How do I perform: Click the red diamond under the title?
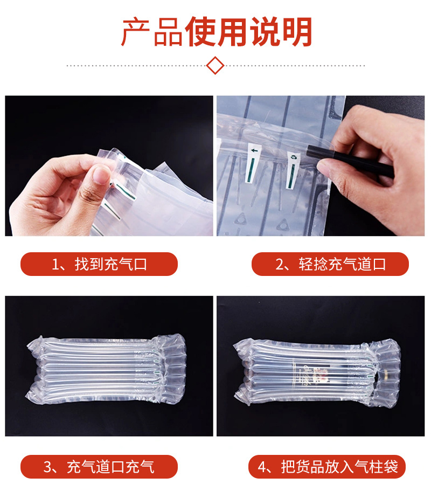[x=215, y=66]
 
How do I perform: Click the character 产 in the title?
[x=135, y=32]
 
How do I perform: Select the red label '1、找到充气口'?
[x=99, y=264]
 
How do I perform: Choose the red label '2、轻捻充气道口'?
[x=330, y=264]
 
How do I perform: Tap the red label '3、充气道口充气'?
[x=99, y=467]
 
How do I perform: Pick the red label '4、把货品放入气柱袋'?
[x=327, y=467]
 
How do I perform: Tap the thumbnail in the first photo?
[x=100, y=174]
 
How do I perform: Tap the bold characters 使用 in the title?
[x=215, y=32]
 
